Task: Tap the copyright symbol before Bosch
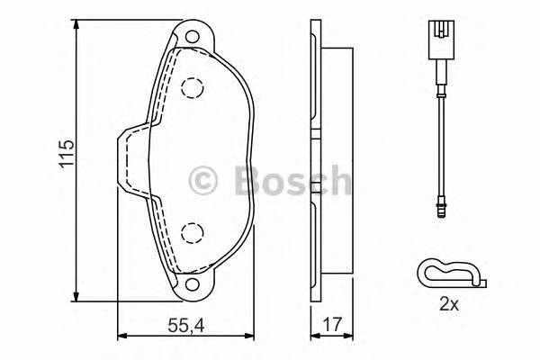tap(204, 181)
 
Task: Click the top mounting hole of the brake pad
tap(191, 37)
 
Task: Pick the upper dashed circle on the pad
tap(191, 87)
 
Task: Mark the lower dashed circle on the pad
tap(191, 233)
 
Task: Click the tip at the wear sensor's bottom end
tap(440, 212)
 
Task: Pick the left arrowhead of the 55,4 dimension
tap(121, 336)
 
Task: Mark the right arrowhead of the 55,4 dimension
tap(251, 336)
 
